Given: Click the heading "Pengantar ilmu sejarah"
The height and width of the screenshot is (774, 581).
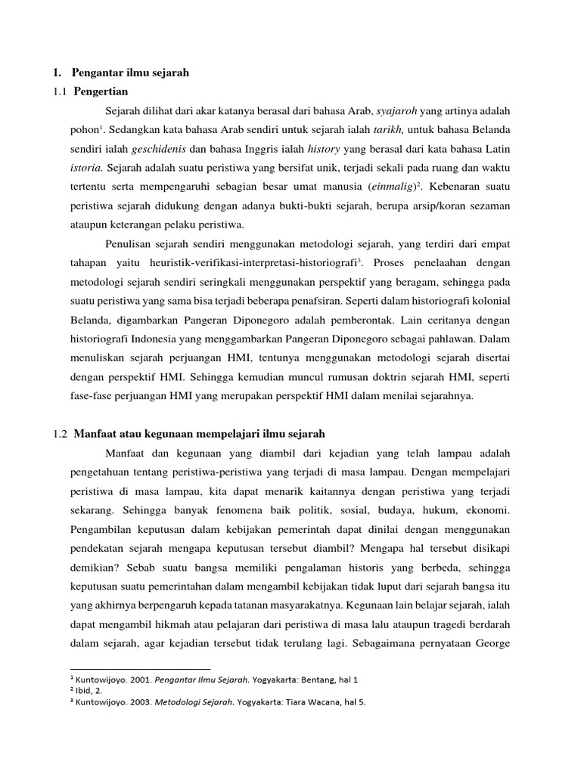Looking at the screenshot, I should point(130,73).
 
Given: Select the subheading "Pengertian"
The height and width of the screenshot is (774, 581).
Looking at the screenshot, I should point(101,91).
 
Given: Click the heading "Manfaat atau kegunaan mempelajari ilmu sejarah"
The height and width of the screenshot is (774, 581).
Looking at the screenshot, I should point(199,433).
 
